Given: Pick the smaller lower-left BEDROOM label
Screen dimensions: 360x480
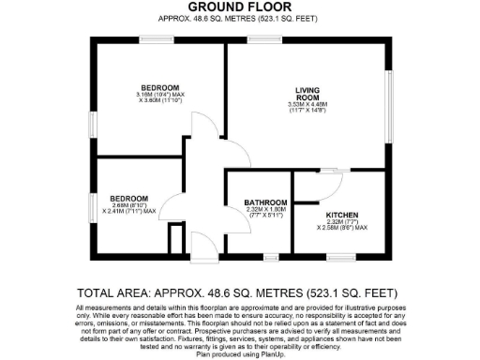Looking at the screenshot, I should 128,198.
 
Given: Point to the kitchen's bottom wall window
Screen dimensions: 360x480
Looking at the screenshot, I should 334,257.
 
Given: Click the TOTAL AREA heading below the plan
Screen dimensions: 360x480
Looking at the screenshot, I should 239,290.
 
